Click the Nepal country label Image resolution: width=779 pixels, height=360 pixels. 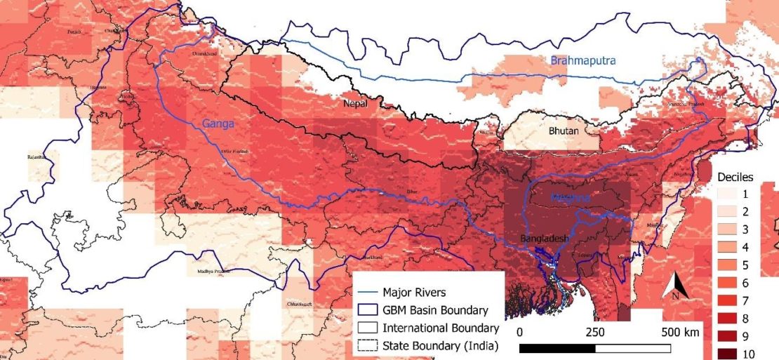coord(356,103)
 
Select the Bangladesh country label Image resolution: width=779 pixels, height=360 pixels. coord(544,239)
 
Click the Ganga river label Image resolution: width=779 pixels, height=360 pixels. coord(218,124)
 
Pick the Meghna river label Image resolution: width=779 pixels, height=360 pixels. coord(571,198)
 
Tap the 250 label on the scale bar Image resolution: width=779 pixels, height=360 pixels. coord(594,332)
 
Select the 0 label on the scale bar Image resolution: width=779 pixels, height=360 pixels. coord(519,332)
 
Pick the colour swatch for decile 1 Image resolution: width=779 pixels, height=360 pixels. coord(728,192)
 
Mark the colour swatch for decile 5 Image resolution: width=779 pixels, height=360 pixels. coord(728,265)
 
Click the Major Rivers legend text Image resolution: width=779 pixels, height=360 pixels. coord(415,291)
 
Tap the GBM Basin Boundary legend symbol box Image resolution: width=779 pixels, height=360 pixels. coord(366,309)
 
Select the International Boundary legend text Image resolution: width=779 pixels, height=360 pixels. coord(440,328)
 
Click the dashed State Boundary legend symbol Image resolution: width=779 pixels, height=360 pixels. coord(366,345)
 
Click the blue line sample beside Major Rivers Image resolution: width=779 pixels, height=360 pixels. coord(366,292)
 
